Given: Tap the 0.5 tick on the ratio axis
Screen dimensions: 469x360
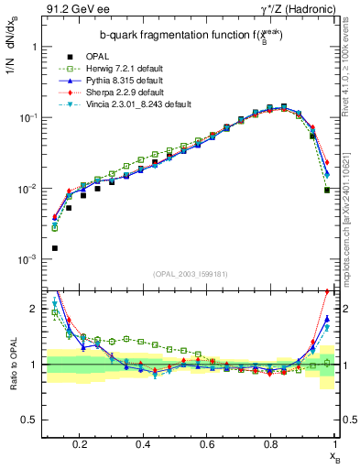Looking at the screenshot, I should point(30,420).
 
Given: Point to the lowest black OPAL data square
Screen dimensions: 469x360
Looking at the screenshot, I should point(55,248).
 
